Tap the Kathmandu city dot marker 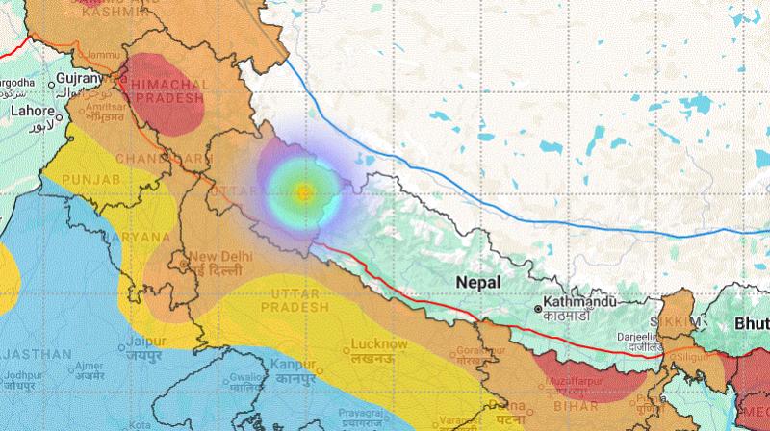tap(538, 309)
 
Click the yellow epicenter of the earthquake tap(303, 191)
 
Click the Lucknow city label tap(379, 343)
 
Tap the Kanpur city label tap(294, 367)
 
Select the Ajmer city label tap(90, 366)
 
